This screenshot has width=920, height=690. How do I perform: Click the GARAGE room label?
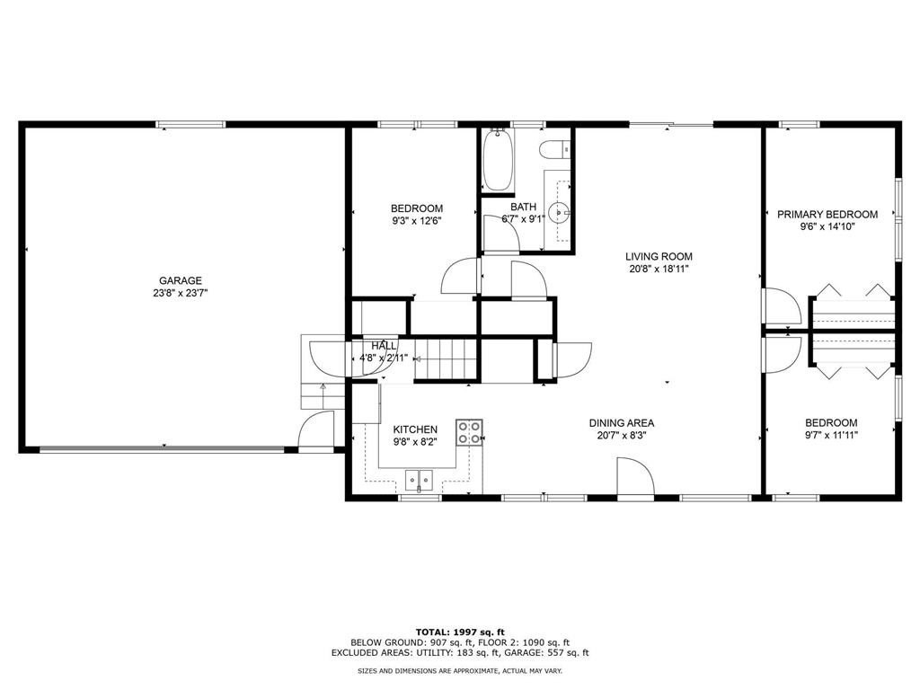[181, 280]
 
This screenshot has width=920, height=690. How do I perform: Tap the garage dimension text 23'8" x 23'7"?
[181, 293]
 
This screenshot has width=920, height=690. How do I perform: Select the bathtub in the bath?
[497, 161]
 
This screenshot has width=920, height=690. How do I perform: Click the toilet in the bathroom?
[553, 150]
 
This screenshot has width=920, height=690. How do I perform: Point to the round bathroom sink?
[559, 214]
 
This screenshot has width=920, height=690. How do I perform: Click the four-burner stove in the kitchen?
[469, 432]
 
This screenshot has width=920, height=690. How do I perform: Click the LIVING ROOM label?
[659, 256]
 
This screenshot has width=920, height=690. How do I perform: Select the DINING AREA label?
[621, 423]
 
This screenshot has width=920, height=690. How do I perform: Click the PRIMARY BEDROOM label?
[827, 214]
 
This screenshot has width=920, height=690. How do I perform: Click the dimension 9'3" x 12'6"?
[416, 221]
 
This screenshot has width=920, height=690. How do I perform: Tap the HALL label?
[384, 346]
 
